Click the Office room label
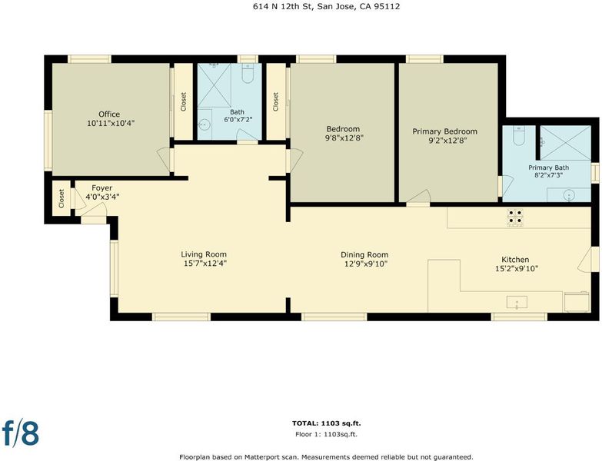tap(109, 114)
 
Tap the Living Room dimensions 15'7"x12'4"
tap(204, 264)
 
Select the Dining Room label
tap(364, 254)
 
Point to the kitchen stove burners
tap(515, 217)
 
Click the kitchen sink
tap(517, 302)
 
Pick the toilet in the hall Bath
tap(248, 74)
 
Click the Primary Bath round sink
tap(569, 195)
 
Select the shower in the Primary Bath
tap(566, 143)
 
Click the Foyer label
tap(101, 188)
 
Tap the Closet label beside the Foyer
tap(62, 199)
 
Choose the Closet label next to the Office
tap(183, 101)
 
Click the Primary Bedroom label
tap(444, 131)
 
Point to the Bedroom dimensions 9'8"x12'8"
tap(344, 138)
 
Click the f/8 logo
tap(21, 433)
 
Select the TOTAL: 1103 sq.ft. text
tap(326, 423)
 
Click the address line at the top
tap(326, 6)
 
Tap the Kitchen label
tap(515, 260)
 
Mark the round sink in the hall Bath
tap(205, 124)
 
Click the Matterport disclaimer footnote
tap(326, 457)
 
